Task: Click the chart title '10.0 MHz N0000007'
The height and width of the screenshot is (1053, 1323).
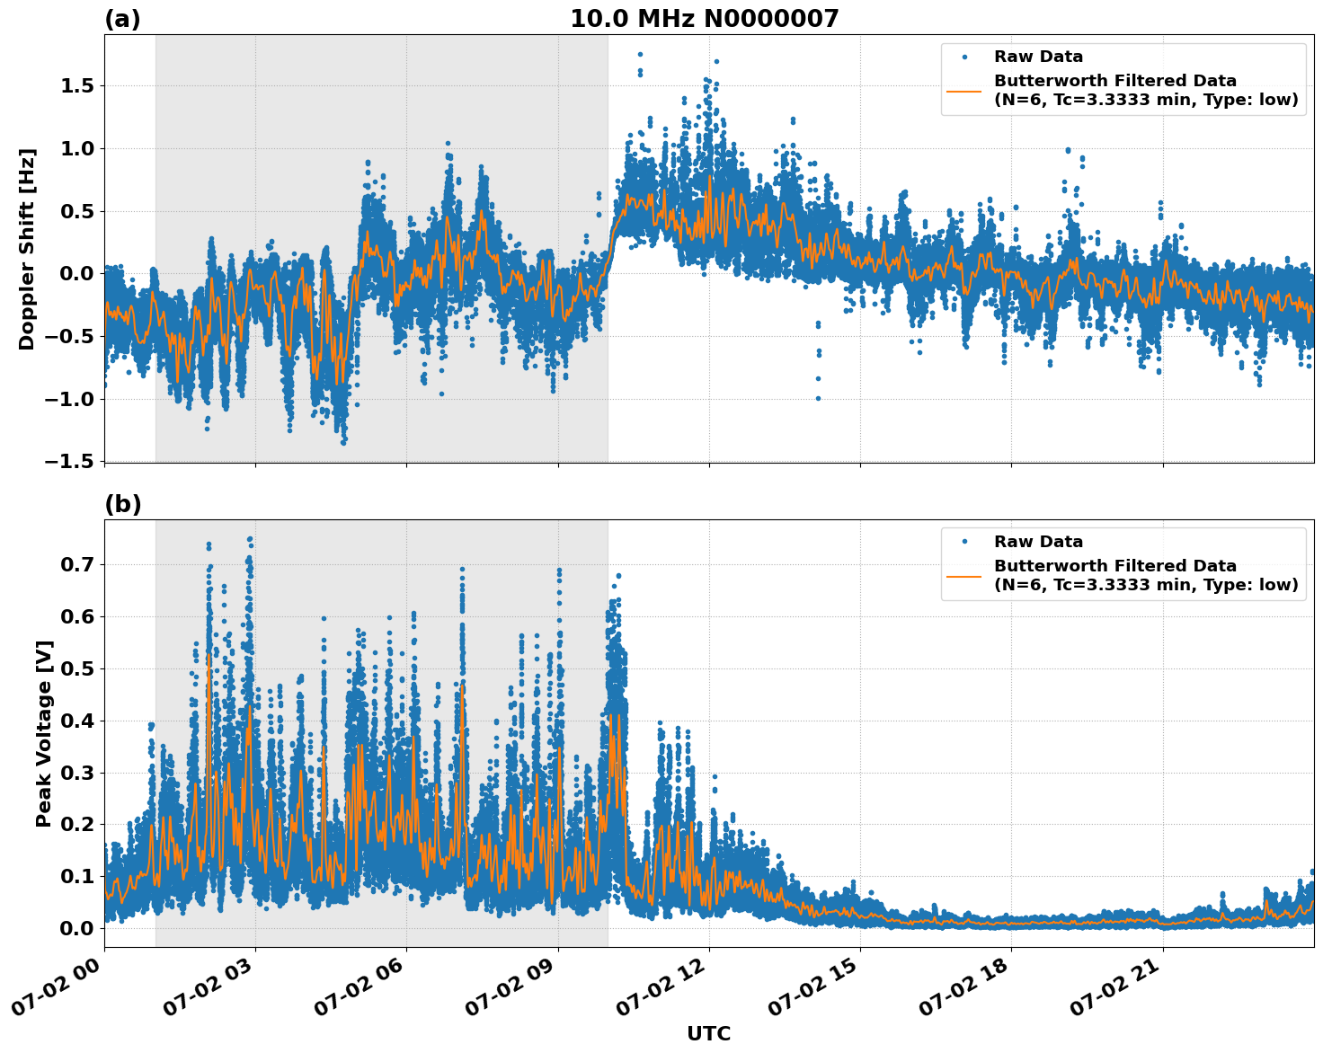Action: coord(704,19)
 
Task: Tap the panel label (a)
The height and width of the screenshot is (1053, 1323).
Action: coord(122,19)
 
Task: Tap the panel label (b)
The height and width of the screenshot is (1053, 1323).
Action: coord(122,504)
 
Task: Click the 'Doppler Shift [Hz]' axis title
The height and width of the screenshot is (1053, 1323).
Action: coord(27,249)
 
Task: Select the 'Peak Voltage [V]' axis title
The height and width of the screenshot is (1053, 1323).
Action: coord(43,733)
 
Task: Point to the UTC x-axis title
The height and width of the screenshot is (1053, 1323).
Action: coord(708,1033)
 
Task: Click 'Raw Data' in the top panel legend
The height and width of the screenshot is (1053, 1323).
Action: coord(1038,57)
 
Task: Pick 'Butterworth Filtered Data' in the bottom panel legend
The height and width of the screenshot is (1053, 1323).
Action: coord(1114,566)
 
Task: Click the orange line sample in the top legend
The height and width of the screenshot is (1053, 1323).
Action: coord(963,91)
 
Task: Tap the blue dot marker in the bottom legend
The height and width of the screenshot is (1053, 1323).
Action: coord(963,542)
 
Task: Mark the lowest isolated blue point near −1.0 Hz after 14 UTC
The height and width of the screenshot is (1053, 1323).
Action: coord(818,398)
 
